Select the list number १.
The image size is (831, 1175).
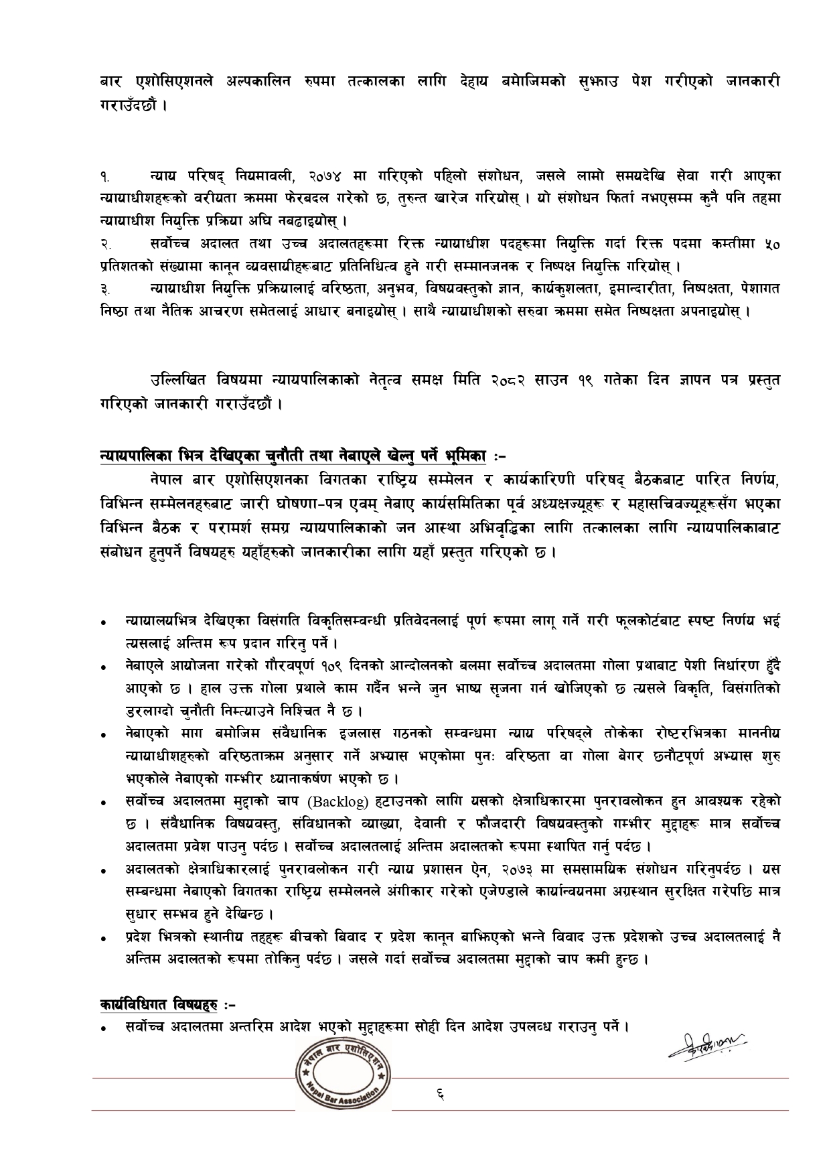(104, 177)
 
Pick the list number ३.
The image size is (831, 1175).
(104, 290)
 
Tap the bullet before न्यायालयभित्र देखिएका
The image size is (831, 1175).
(105, 623)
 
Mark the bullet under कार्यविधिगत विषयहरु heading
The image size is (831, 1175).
(105, 1028)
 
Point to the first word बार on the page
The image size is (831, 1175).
(108, 82)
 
